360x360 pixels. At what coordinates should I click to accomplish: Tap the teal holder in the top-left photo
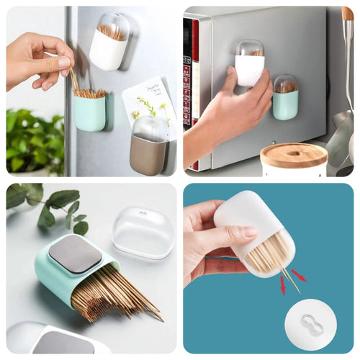[x=89, y=112]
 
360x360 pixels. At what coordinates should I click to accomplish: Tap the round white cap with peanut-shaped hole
[x=310, y=325]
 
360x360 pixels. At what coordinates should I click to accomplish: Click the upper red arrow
[x=297, y=276]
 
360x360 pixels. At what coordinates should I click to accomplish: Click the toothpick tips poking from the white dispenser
[x=288, y=277]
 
